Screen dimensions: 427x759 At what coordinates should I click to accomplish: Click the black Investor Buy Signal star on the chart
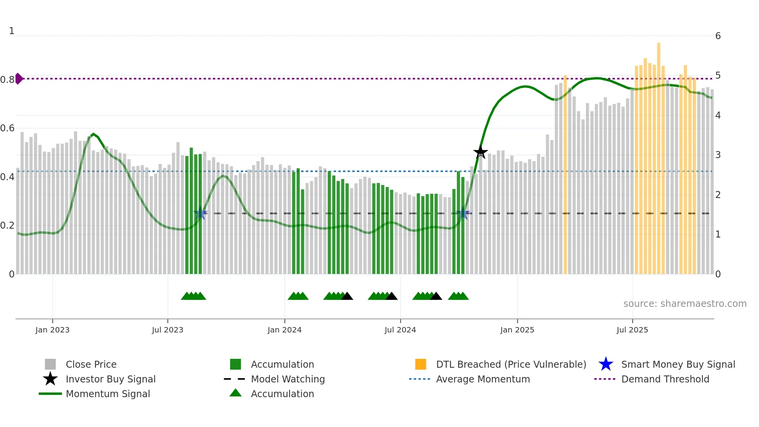[x=480, y=152]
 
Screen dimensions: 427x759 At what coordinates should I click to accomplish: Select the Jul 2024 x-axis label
[x=400, y=330]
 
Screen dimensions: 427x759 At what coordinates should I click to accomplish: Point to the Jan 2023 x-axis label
[x=52, y=330]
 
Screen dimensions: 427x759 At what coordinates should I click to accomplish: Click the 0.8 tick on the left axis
[x=7, y=80]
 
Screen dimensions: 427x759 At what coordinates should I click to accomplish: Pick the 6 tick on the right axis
[x=718, y=36]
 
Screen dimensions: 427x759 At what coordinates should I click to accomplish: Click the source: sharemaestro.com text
[x=685, y=304]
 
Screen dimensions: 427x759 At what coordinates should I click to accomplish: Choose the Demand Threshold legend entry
[x=665, y=379]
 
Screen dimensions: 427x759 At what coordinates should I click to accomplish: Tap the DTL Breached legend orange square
[x=421, y=364]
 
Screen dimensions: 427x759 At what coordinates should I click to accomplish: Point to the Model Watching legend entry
[x=287, y=379]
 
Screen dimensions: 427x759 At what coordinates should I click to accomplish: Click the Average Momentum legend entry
[x=483, y=379]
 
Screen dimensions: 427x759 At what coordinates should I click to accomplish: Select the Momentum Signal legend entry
[x=108, y=394]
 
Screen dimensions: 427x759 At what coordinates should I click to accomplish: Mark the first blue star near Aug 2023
[x=200, y=213]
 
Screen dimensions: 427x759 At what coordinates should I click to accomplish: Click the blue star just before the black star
[x=463, y=213]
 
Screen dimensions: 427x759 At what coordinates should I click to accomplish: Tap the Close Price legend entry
[x=91, y=364]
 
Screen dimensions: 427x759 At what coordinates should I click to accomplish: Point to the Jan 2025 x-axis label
[x=517, y=330]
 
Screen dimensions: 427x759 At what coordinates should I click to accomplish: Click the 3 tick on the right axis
[x=718, y=155]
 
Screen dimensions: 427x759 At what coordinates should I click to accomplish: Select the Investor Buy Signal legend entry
[x=110, y=379]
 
